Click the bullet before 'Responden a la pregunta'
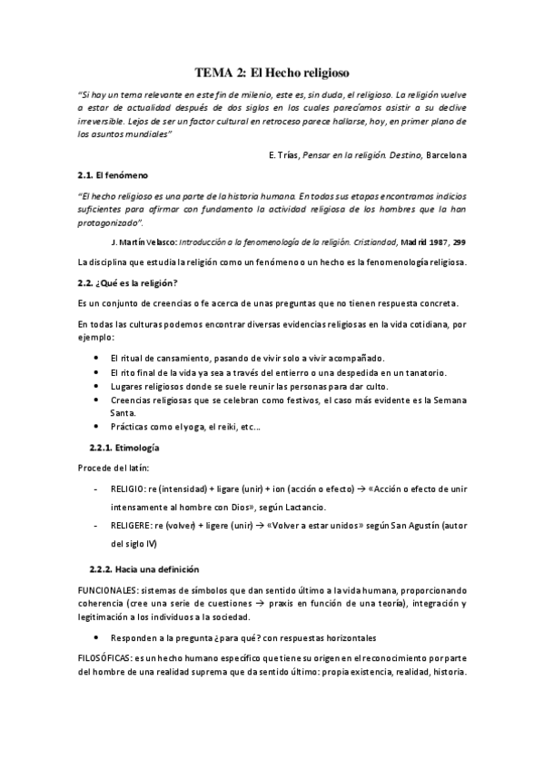coord(96,637)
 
